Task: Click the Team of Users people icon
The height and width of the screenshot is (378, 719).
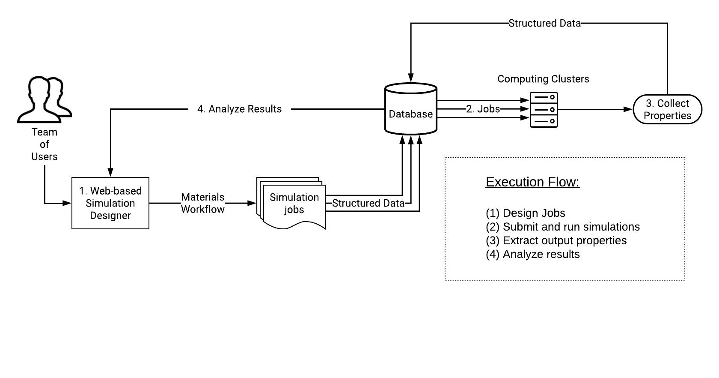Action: pyautogui.click(x=45, y=99)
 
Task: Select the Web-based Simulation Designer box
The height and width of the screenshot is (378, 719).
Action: pyautogui.click(x=110, y=203)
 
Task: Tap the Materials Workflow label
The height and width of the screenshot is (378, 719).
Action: pyautogui.click(x=202, y=203)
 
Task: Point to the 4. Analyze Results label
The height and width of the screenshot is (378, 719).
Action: pyautogui.click(x=239, y=109)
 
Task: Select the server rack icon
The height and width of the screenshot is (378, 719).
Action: pyautogui.click(x=544, y=110)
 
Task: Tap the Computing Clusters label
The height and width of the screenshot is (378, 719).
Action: pyautogui.click(x=543, y=79)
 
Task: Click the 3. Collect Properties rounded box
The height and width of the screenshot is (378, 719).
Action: pyautogui.click(x=667, y=110)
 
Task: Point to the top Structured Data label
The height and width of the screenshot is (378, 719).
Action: pyautogui.click(x=544, y=23)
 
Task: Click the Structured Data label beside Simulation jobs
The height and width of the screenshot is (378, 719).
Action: pyautogui.click(x=368, y=203)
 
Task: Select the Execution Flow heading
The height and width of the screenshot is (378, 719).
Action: pyautogui.click(x=532, y=182)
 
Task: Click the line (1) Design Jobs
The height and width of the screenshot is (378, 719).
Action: pyautogui.click(x=525, y=213)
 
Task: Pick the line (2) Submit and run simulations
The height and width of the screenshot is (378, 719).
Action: pyautogui.click(x=562, y=227)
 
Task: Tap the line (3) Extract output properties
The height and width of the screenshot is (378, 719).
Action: pyautogui.click(x=556, y=240)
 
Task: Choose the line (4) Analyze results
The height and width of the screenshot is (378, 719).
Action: pyautogui.click(x=532, y=254)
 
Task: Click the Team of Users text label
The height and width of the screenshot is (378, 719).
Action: pyautogui.click(x=45, y=144)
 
